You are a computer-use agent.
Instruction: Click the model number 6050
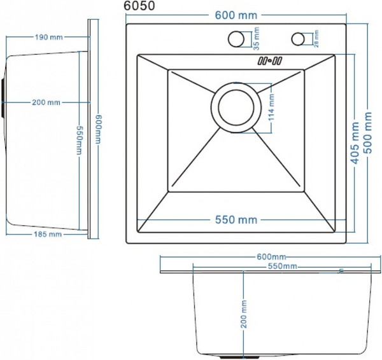click(139, 6)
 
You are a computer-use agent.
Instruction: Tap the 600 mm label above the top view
click(236, 15)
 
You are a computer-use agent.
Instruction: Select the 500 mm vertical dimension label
click(368, 133)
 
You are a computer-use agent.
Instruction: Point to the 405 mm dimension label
click(355, 143)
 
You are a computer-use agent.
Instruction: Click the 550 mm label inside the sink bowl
click(236, 220)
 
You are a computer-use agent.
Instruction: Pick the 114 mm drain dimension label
click(271, 107)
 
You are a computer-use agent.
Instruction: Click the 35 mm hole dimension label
click(257, 38)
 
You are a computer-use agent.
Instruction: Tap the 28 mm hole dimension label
click(316, 38)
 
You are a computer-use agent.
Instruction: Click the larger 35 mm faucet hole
click(236, 39)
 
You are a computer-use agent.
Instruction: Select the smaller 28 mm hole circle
click(298, 39)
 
